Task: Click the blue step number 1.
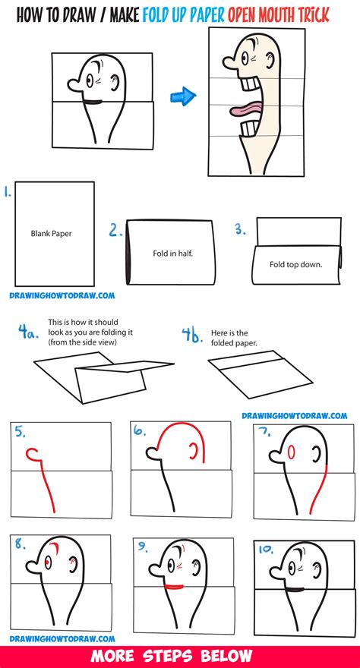coord(7,194)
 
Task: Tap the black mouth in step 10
coord(292,588)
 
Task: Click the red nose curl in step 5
coord(33,455)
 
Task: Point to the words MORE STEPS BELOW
coord(180,655)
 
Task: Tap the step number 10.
coord(264,548)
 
